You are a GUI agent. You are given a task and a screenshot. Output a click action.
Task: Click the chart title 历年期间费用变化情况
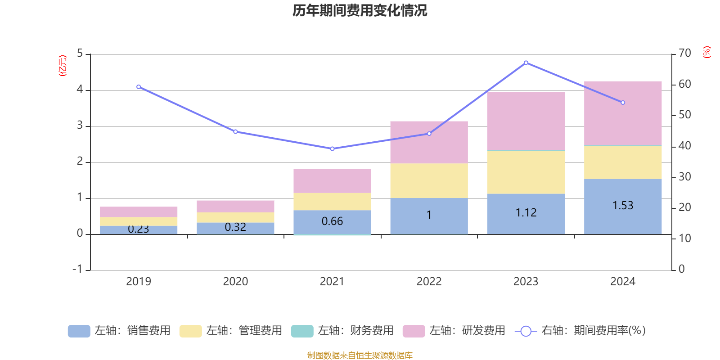coord(360,10)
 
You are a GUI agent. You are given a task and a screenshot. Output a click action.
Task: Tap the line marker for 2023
coord(526,63)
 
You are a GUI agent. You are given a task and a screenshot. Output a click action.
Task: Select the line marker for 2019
coord(139,87)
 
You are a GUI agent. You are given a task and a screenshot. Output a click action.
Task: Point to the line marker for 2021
coord(332,148)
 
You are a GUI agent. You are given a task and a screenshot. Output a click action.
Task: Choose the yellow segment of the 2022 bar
coord(429,180)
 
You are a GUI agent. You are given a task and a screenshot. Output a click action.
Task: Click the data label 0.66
coord(332,221)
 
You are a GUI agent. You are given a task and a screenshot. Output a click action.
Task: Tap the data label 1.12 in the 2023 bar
coord(526,213)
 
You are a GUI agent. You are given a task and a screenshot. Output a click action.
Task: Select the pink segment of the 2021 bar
coord(332,181)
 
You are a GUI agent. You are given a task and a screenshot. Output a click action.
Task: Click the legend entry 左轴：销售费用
coord(119,331)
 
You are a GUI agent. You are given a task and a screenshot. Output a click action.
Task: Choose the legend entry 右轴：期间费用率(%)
coord(580,331)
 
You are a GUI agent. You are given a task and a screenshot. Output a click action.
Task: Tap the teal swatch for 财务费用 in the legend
coord(302,331)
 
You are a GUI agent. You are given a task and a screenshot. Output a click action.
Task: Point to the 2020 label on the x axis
coord(235,282)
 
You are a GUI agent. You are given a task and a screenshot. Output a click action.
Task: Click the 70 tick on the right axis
coord(684,53)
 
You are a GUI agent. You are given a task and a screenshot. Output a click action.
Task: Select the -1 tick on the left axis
coord(78,269)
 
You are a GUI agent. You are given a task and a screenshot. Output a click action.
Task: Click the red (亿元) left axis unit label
coord(63,66)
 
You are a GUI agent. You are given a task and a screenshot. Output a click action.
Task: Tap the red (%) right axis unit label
coord(707,52)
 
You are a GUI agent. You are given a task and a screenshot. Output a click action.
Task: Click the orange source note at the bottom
coord(360,355)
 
